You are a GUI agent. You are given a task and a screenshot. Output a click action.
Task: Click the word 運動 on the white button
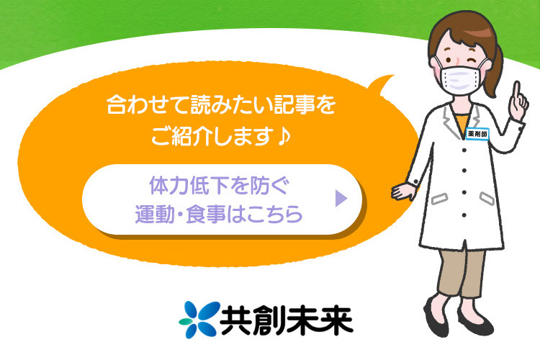pos(157,214)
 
